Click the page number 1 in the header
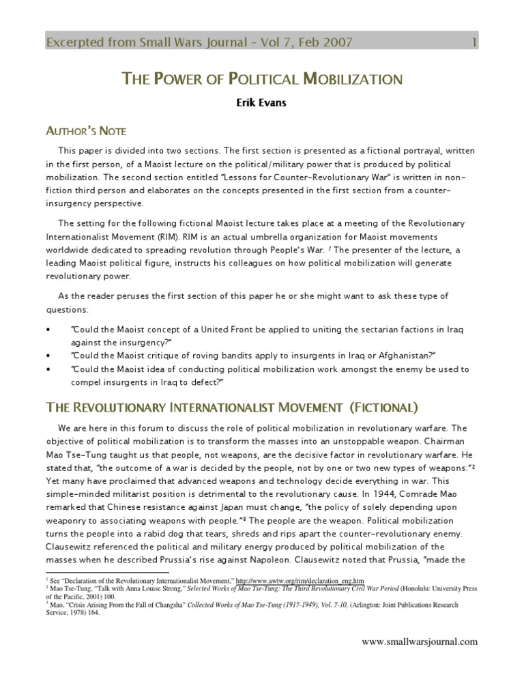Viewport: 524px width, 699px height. tap(474, 43)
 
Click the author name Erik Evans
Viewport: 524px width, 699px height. tap(261, 106)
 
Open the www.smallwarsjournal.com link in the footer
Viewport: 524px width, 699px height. tap(419, 642)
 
